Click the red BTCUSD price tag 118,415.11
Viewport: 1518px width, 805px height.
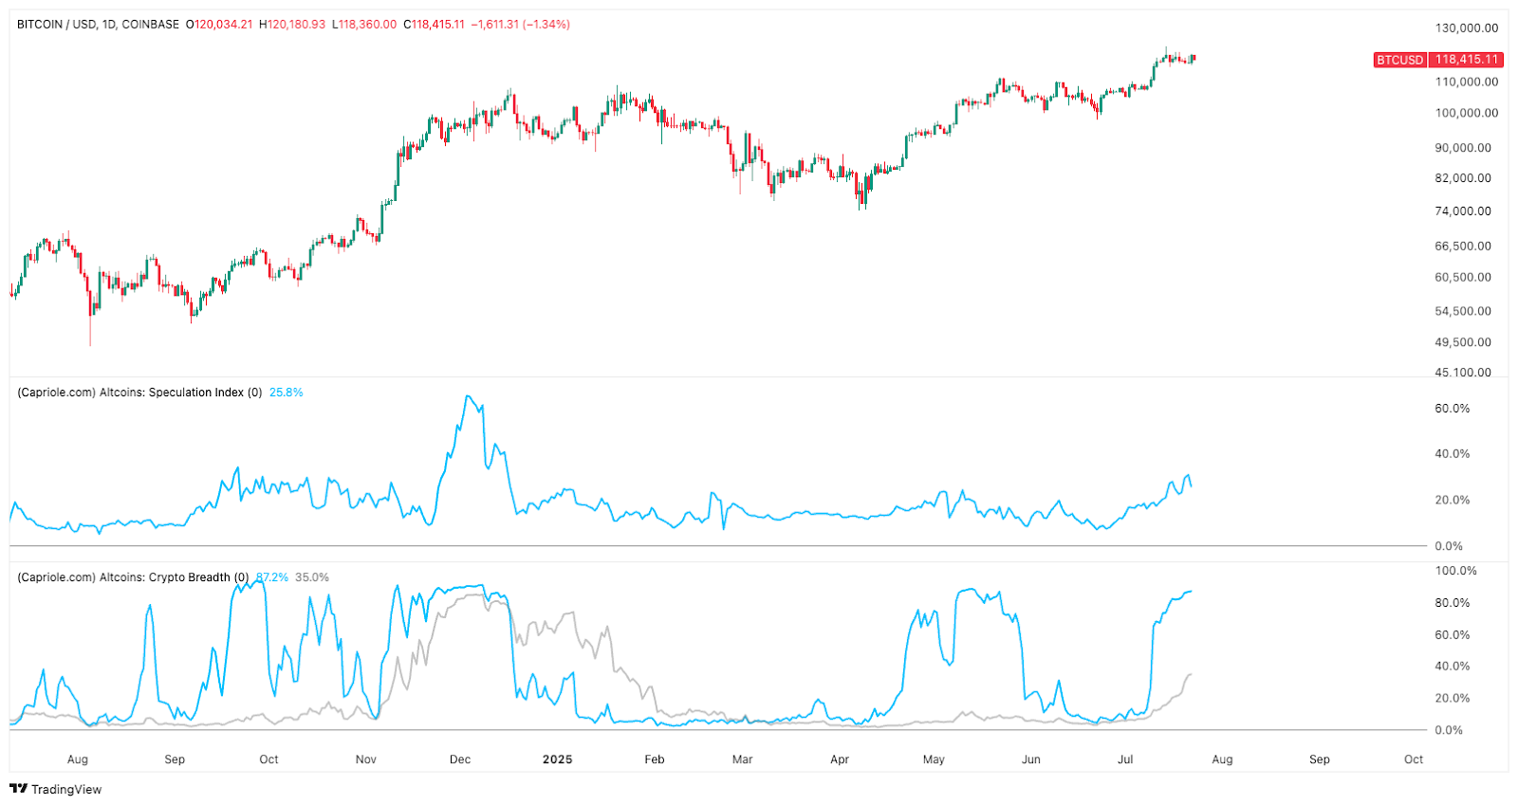click(x=1466, y=60)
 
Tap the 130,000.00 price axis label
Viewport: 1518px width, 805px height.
click(x=1466, y=28)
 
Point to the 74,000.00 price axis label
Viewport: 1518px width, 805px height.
click(x=1463, y=211)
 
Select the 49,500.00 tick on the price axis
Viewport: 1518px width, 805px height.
click(x=1463, y=342)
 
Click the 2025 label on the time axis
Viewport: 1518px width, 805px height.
click(x=557, y=759)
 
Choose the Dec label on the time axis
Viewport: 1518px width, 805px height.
click(x=460, y=759)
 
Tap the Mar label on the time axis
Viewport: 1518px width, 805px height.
click(x=742, y=759)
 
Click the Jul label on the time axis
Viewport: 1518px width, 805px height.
click(x=1125, y=759)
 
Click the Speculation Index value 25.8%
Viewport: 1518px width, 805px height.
click(x=286, y=393)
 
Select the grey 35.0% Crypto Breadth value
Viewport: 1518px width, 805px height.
click(x=311, y=577)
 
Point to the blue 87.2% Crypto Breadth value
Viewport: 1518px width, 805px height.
click(x=272, y=577)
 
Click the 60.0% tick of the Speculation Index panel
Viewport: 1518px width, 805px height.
click(x=1452, y=409)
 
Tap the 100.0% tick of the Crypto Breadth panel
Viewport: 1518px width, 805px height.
click(x=1455, y=571)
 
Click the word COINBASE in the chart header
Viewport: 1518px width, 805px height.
click(x=150, y=25)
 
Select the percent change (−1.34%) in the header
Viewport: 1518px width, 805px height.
click(x=546, y=25)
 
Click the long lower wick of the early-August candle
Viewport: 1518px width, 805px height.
click(x=90, y=332)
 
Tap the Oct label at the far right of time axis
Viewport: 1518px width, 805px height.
click(x=1414, y=759)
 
